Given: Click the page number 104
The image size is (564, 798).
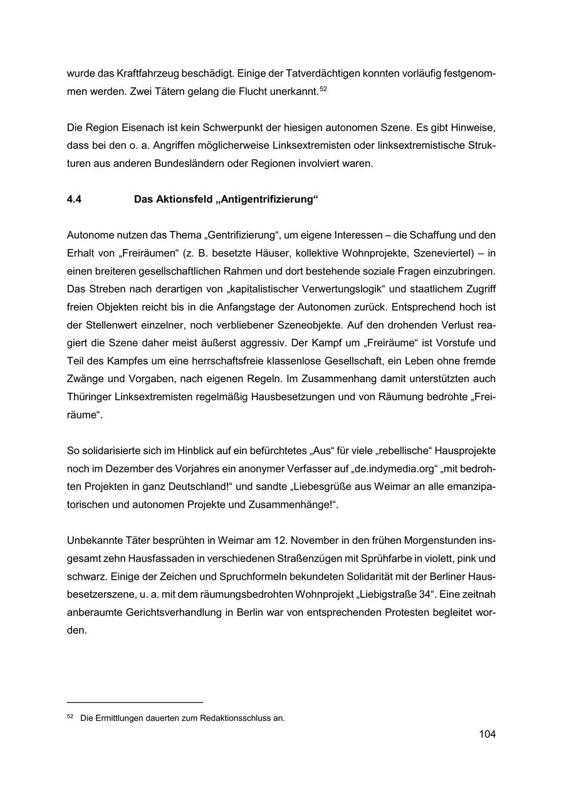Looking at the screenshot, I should click(487, 734).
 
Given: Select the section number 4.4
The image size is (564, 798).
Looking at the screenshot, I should click(74, 199).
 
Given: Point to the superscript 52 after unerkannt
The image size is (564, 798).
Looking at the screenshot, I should click(323, 89).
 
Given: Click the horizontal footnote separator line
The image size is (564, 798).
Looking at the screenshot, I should click(135, 703).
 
